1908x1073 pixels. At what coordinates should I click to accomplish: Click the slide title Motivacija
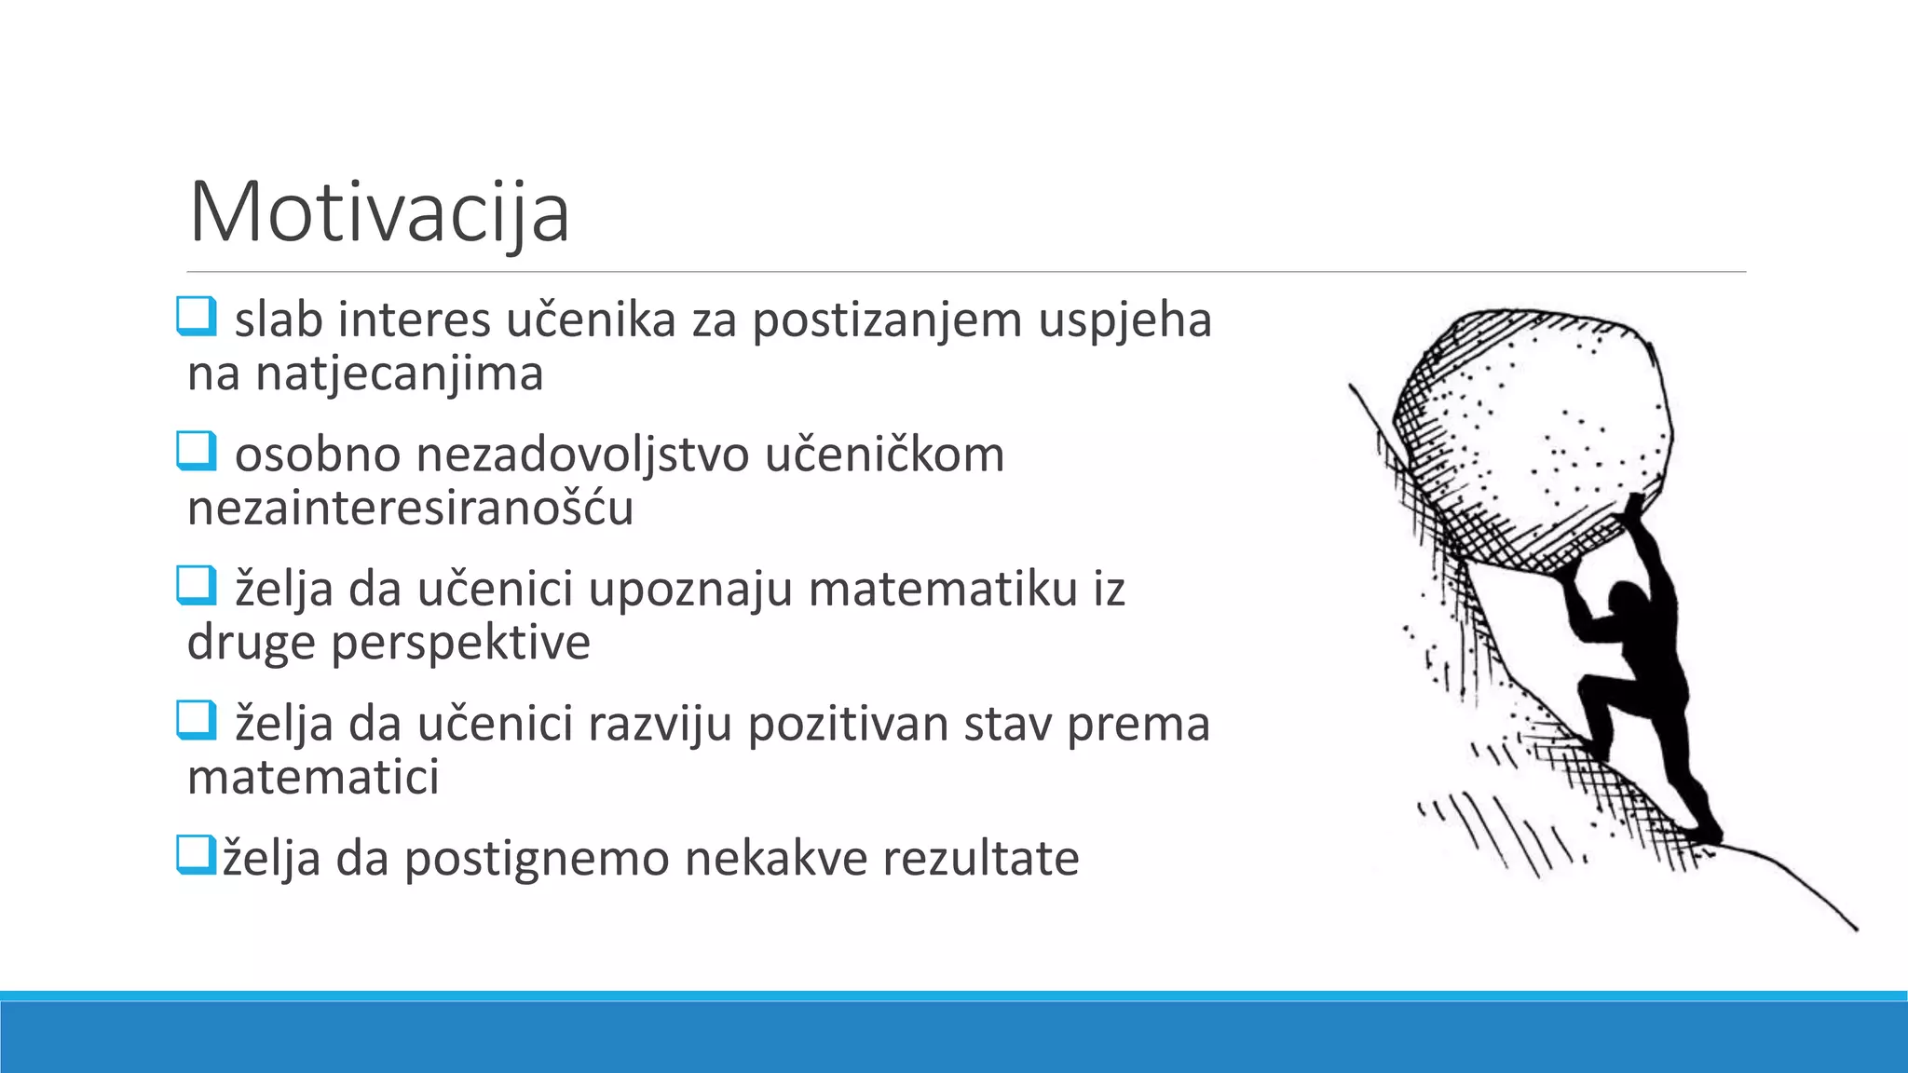coord(378,212)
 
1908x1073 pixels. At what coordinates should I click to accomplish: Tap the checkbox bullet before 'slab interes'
coord(197,316)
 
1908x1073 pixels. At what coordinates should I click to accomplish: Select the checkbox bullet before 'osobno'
coord(197,451)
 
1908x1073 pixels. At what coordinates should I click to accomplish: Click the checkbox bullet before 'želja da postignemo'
coord(195,854)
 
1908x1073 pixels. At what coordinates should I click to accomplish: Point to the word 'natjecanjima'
coord(399,374)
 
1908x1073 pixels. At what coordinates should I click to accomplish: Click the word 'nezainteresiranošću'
coord(410,509)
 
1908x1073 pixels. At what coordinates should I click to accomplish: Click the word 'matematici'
coord(313,778)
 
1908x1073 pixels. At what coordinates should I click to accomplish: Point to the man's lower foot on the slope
coord(1708,832)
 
